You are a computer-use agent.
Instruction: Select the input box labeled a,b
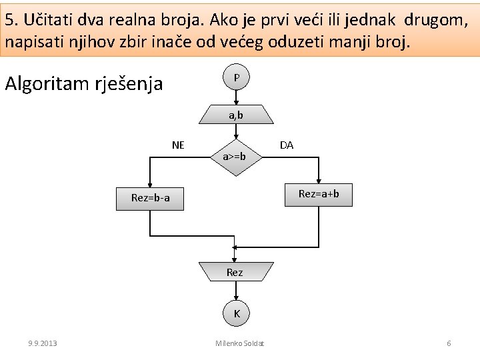(x=236, y=115)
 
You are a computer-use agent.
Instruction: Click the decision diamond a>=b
(x=235, y=157)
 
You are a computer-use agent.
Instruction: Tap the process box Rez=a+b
(x=319, y=194)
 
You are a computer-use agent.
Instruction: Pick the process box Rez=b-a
(x=151, y=198)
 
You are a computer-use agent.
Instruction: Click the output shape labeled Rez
(x=235, y=272)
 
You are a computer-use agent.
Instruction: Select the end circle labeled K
(x=236, y=313)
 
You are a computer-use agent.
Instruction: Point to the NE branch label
(x=178, y=145)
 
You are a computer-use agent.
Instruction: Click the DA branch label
(x=287, y=145)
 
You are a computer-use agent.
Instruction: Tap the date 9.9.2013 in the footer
(x=43, y=343)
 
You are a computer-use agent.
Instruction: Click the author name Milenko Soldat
(x=240, y=343)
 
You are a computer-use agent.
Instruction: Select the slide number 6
(x=449, y=343)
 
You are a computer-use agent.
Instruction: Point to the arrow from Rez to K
(x=236, y=293)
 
